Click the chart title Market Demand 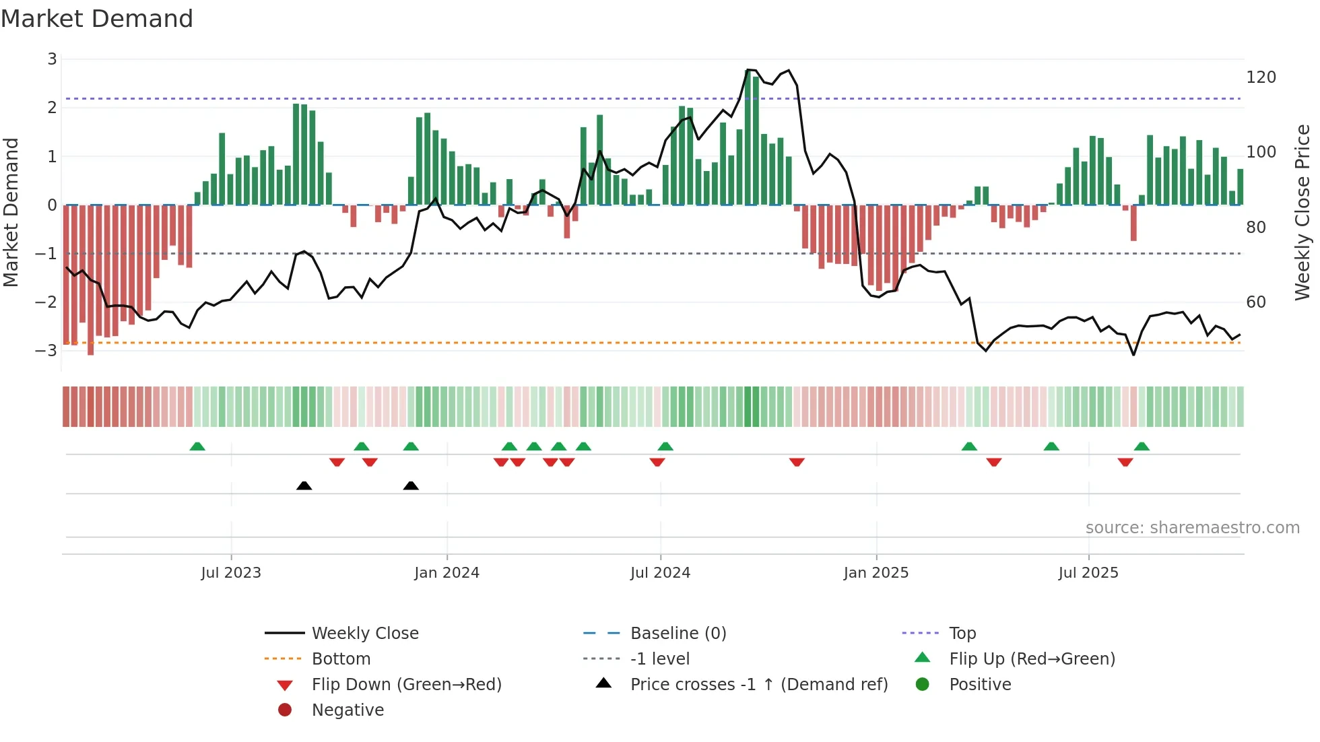tap(97, 19)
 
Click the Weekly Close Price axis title tap(1302, 212)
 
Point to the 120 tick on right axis tap(1261, 77)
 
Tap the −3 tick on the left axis tap(46, 351)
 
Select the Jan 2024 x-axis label tap(447, 573)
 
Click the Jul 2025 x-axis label tap(1088, 573)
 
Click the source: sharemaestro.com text tap(1192, 528)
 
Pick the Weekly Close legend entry tap(364, 634)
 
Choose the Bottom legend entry tap(341, 659)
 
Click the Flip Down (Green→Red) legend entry tap(406, 685)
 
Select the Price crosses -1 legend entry tap(758, 685)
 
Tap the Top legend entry tap(962, 634)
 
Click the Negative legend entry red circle tap(285, 710)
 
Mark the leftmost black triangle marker tap(304, 485)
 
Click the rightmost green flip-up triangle tap(1142, 446)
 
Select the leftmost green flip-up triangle tap(197, 446)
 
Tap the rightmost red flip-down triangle tap(1125, 462)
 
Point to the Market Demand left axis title tap(11, 212)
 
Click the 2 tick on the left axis tap(52, 108)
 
